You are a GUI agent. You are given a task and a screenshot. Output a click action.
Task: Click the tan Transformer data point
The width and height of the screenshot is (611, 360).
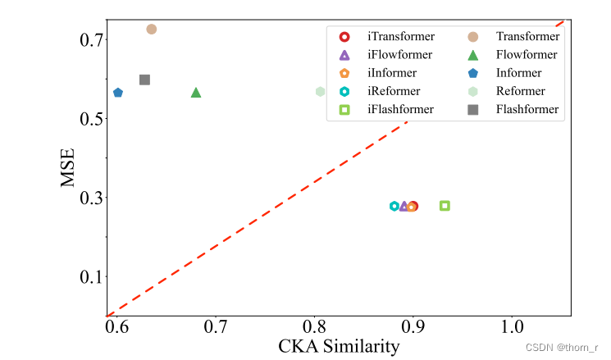152,30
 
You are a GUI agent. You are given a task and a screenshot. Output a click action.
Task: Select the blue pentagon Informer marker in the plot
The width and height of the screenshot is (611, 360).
118,93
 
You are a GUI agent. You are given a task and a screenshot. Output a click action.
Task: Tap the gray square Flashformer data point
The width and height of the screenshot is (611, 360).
144,80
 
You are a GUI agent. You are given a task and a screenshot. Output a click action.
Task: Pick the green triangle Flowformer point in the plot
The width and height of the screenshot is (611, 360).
196,93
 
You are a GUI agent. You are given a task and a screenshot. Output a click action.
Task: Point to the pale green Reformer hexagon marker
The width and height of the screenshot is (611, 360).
321,91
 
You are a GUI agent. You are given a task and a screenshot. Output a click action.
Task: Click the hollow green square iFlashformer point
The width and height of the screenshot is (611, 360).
445,206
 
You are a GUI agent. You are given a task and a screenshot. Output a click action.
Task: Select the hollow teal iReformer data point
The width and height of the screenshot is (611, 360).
394,206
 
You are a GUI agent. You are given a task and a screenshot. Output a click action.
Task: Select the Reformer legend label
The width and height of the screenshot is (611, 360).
520,91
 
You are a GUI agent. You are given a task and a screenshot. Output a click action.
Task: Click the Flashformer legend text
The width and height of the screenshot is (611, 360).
527,109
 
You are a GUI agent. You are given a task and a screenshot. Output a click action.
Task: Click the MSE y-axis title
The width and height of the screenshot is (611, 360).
71,167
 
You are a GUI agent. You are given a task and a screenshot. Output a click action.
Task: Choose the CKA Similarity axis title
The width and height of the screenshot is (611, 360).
339,347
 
